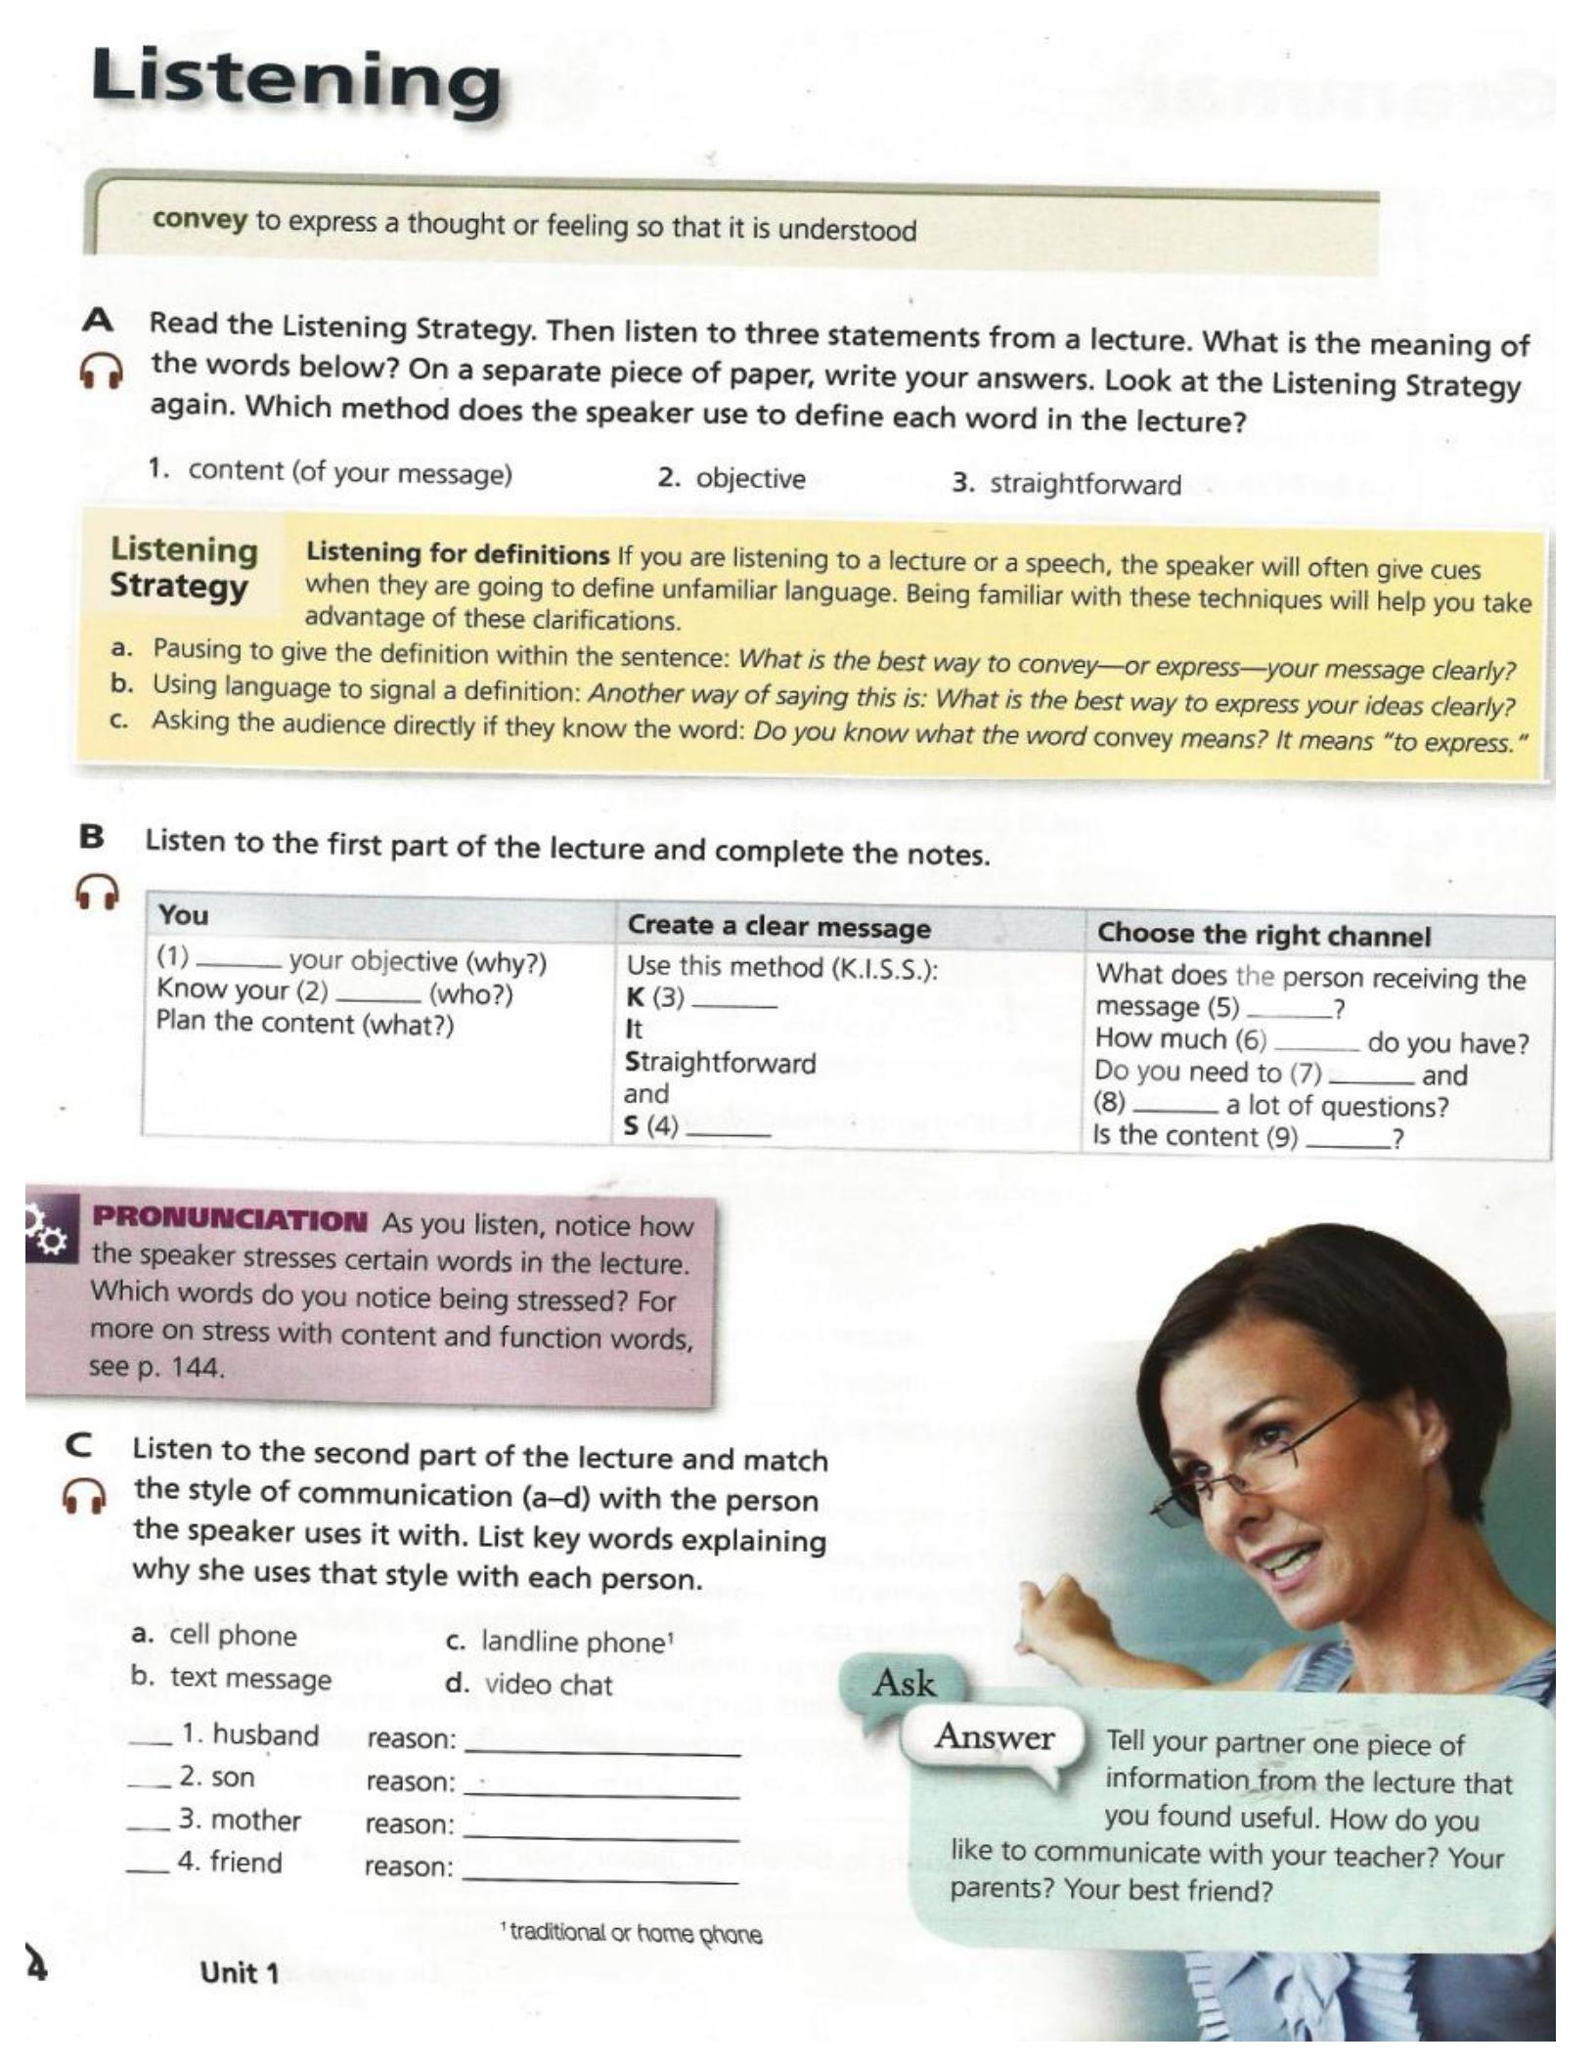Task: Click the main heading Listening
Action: (x=295, y=80)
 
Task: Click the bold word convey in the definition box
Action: (x=199, y=219)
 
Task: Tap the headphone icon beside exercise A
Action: (x=101, y=371)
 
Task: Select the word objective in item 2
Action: (x=750, y=479)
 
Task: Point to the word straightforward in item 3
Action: (x=1085, y=484)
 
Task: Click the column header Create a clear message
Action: (x=778, y=926)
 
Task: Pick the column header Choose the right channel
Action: (x=1263, y=935)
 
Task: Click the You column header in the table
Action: (x=184, y=915)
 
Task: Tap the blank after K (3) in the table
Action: (x=740, y=1003)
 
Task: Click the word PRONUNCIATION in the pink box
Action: (x=230, y=1220)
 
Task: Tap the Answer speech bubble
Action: (x=994, y=1736)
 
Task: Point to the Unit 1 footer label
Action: (x=240, y=1973)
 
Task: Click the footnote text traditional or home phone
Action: (x=635, y=1933)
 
